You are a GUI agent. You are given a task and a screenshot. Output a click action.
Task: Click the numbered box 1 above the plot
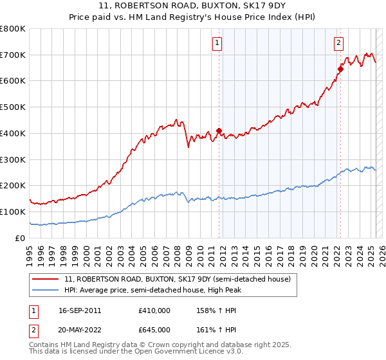pyautogui.click(x=218, y=43)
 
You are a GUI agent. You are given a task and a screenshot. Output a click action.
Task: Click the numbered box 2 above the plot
pyautogui.click(x=338, y=43)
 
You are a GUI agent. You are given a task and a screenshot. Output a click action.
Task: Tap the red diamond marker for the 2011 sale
pyautogui.click(x=219, y=130)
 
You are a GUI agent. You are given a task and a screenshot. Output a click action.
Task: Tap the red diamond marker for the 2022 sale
pyautogui.click(x=340, y=69)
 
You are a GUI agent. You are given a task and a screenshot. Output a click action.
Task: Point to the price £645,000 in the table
pyautogui.click(x=154, y=330)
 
